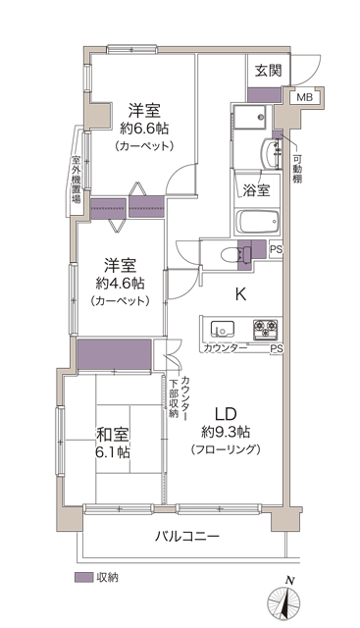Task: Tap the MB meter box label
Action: tap(305, 97)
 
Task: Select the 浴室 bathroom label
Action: tap(256, 189)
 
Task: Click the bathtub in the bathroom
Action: tap(257, 222)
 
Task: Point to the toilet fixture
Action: tap(236, 254)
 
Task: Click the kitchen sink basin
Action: tap(223, 329)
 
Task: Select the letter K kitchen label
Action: tap(240, 294)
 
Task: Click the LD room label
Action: tap(227, 413)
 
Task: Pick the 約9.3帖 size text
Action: tap(226, 432)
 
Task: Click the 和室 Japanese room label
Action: tap(113, 434)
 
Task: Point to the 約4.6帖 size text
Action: tap(120, 284)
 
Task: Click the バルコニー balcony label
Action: tap(187, 536)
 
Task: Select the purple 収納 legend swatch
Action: tap(83, 578)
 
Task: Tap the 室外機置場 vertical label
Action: tap(76, 180)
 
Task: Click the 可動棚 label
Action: tap(297, 168)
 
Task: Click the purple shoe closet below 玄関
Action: tap(264, 94)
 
